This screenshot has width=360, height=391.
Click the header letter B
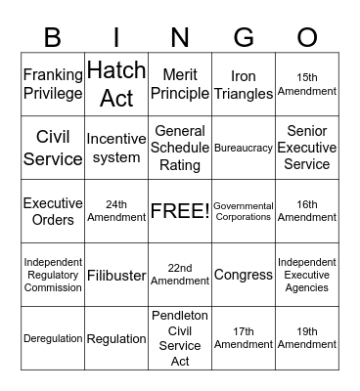tap(54, 37)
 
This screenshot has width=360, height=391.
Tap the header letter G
tap(244, 37)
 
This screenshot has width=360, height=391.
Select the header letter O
tap(307, 37)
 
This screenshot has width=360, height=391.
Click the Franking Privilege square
tap(53, 84)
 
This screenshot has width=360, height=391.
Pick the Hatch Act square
tap(116, 84)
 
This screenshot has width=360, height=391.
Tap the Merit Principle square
tap(180, 84)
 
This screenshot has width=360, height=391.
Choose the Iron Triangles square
tap(244, 84)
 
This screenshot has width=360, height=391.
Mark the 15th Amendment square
tap(307, 84)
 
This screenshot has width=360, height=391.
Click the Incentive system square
tap(116, 148)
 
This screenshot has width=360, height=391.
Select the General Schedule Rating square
tap(180, 148)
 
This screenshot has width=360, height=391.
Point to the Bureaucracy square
tap(244, 148)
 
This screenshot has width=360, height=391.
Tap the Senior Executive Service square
tap(307, 148)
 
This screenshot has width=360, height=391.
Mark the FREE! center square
tap(180, 211)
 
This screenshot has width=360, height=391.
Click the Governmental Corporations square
tap(244, 211)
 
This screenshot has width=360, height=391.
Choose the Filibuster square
tap(116, 275)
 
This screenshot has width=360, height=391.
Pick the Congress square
tap(244, 275)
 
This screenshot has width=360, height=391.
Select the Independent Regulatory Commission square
tap(53, 275)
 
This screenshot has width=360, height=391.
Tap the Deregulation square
tap(53, 338)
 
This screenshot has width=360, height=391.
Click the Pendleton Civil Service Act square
tap(180, 338)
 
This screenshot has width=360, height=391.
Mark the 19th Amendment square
tap(307, 338)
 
